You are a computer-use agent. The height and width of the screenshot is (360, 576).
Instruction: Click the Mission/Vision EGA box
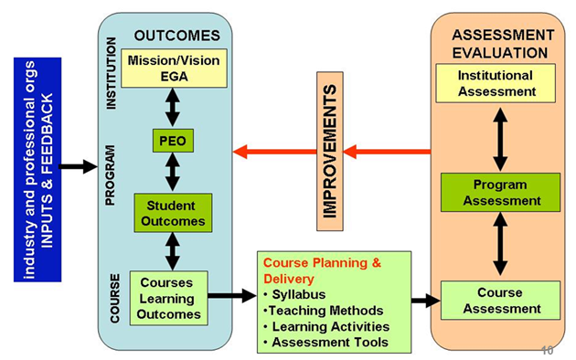coord(173,69)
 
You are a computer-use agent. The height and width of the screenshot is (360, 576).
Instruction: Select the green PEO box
coord(173,142)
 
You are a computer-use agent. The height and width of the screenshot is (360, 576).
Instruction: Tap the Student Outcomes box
coord(173,213)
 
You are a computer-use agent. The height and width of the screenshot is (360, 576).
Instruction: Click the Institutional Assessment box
coord(495,83)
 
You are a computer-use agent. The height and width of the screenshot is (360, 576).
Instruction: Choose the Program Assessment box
coord(501,192)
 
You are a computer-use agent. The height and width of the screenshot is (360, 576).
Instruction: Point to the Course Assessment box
coord(499,301)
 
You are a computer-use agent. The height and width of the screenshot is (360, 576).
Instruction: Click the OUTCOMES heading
coord(177,36)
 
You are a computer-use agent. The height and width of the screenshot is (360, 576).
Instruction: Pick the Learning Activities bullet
coord(325,326)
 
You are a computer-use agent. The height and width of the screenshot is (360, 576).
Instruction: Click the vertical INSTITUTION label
coord(112,73)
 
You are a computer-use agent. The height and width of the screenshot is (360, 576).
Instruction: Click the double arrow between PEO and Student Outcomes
coord(173,174)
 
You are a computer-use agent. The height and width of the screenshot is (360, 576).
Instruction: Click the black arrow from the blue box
coord(77,166)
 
